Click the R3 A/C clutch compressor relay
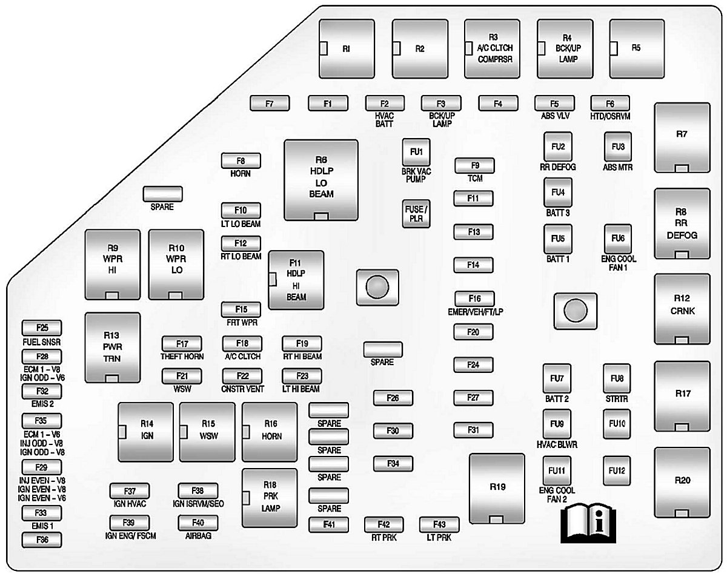click(492, 48)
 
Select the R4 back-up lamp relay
click(565, 48)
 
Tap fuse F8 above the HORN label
click(241, 161)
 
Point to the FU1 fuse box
click(416, 152)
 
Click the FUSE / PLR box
click(416, 213)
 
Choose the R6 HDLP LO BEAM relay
click(320, 179)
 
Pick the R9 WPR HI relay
click(113, 264)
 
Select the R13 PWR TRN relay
click(113, 348)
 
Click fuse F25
click(41, 328)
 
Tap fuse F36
click(41, 540)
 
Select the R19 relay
click(497, 487)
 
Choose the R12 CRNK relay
click(682, 309)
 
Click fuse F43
click(439, 524)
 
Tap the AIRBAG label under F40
click(198, 536)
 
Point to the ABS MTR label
click(617, 167)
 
